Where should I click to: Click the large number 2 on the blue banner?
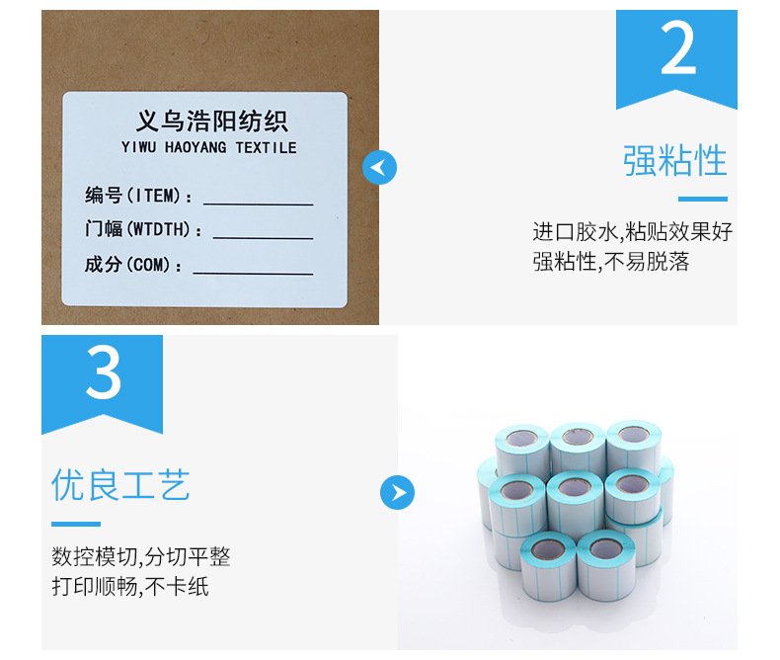pos(677,48)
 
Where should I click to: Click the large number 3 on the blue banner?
pos(104,372)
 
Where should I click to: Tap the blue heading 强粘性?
pos(675,160)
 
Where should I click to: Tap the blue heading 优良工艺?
pos(120,484)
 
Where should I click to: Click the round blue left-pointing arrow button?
pos(379,167)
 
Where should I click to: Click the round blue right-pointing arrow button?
pos(398,492)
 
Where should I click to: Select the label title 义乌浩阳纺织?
pos(212,122)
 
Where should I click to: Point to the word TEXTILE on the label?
pos(267,148)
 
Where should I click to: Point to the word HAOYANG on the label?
pos(195,147)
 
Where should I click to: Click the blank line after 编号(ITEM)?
pos(258,205)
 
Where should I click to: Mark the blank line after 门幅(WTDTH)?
pos(264,238)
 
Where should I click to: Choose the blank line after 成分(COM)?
pos(253,274)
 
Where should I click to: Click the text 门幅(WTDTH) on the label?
pos(138,229)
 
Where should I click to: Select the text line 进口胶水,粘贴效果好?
pos(632,232)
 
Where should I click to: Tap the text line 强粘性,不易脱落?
pos(611,261)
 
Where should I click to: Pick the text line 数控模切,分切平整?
pos(141,556)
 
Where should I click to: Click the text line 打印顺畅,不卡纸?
pos(129,586)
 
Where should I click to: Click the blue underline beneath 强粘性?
pos(703,200)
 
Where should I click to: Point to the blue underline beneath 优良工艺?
pos(76,524)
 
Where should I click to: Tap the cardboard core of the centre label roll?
pos(575,487)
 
